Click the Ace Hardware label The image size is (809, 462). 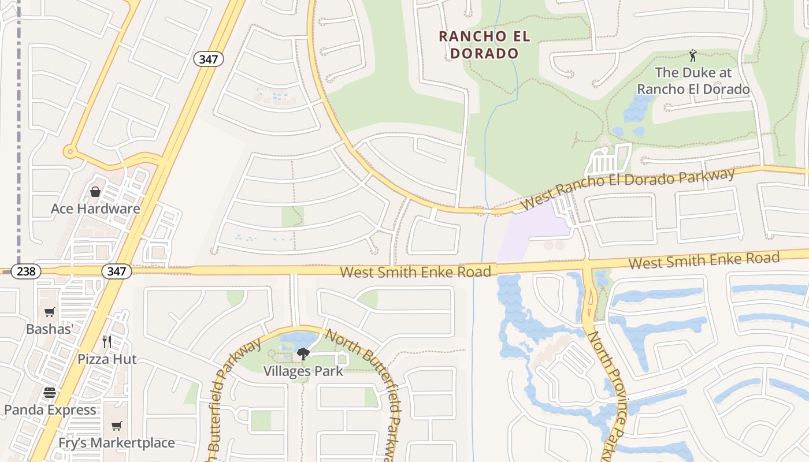tap(95, 208)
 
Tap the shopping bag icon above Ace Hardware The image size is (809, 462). tap(95, 191)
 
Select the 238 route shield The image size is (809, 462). tap(25, 271)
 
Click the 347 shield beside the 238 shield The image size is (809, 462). tap(116, 271)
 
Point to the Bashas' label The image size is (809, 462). tap(50, 329)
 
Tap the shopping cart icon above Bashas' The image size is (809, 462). tap(50, 312)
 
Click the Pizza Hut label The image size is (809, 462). tap(107, 359)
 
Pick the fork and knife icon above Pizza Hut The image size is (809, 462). tap(107, 341)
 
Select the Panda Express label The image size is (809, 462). tap(50, 410)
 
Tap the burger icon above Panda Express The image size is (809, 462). tap(50, 393)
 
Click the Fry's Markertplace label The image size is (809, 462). tap(117, 443)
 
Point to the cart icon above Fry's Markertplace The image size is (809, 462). tap(117, 426)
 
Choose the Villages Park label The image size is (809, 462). tap(303, 371)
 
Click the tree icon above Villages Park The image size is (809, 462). tap(303, 353)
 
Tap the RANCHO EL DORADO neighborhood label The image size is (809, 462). tap(484, 44)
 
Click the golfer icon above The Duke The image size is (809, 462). tap(693, 56)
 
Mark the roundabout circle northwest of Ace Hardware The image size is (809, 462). tap(70, 152)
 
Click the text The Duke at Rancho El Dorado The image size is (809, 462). tap(693, 81)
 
